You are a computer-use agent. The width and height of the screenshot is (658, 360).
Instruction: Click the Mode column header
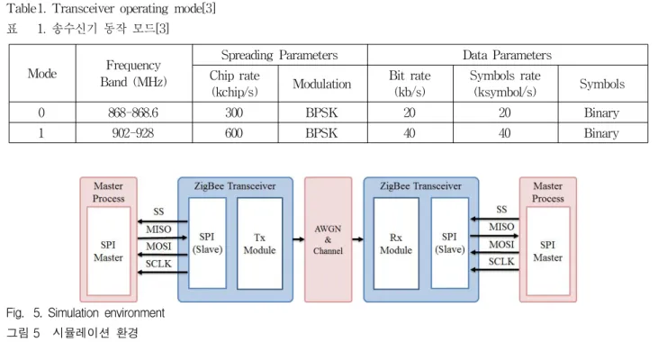click(x=42, y=74)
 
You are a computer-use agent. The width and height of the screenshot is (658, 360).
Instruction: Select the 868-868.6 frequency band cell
click(x=133, y=112)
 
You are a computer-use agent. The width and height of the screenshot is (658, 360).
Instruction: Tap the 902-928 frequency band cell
click(x=133, y=133)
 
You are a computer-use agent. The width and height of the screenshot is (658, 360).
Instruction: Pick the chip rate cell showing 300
click(x=235, y=112)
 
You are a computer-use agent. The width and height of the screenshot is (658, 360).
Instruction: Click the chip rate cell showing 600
click(x=235, y=133)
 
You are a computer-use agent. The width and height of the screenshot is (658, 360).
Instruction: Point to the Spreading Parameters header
click(x=279, y=55)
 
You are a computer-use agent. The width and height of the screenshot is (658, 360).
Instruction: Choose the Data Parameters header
click(x=508, y=55)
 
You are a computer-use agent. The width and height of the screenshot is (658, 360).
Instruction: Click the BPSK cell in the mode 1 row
click(x=322, y=133)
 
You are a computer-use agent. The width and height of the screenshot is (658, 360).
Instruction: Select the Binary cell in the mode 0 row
click(x=602, y=112)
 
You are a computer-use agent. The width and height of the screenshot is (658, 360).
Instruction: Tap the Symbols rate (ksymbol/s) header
click(x=505, y=84)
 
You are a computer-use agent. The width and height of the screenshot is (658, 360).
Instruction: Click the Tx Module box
click(x=260, y=243)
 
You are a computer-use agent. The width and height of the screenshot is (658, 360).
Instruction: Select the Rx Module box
click(x=396, y=243)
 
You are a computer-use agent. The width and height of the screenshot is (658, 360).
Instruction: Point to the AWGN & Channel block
click(x=329, y=239)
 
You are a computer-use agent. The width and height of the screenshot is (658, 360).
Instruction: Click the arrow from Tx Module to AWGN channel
click(x=299, y=239)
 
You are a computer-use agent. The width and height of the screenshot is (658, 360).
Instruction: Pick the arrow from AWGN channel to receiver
click(x=358, y=239)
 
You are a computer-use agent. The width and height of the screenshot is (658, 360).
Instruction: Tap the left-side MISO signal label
click(x=158, y=229)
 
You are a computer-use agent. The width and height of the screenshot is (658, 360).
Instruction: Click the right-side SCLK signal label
click(x=501, y=261)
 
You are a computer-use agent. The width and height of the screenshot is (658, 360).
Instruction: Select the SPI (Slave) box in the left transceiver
click(x=207, y=243)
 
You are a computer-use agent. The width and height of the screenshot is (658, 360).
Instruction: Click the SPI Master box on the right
click(x=547, y=251)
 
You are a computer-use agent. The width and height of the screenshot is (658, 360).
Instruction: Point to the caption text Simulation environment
click(x=106, y=313)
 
